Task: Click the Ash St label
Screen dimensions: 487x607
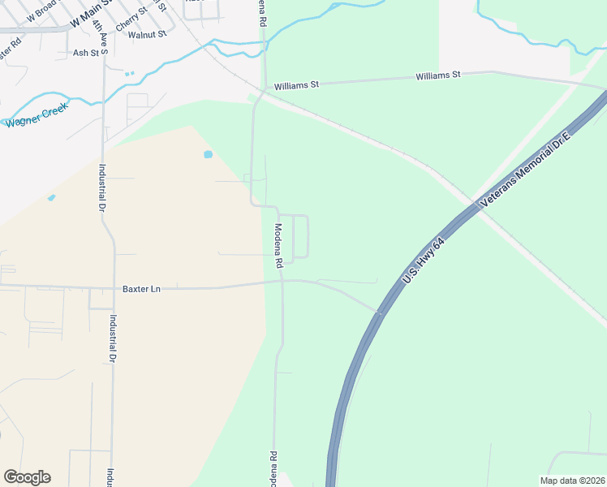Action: pyautogui.click(x=85, y=53)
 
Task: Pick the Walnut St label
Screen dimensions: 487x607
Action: pyautogui.click(x=147, y=34)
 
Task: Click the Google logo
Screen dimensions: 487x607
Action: pyautogui.click(x=27, y=477)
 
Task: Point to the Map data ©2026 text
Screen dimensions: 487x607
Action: pyautogui.click(x=573, y=481)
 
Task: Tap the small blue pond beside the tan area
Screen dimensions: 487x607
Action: pyautogui.click(x=208, y=153)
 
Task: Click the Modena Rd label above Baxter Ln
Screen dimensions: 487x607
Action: pyautogui.click(x=278, y=245)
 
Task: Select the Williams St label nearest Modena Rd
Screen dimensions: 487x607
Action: pyautogui.click(x=297, y=84)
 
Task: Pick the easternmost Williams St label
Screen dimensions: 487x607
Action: pyautogui.click(x=438, y=75)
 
